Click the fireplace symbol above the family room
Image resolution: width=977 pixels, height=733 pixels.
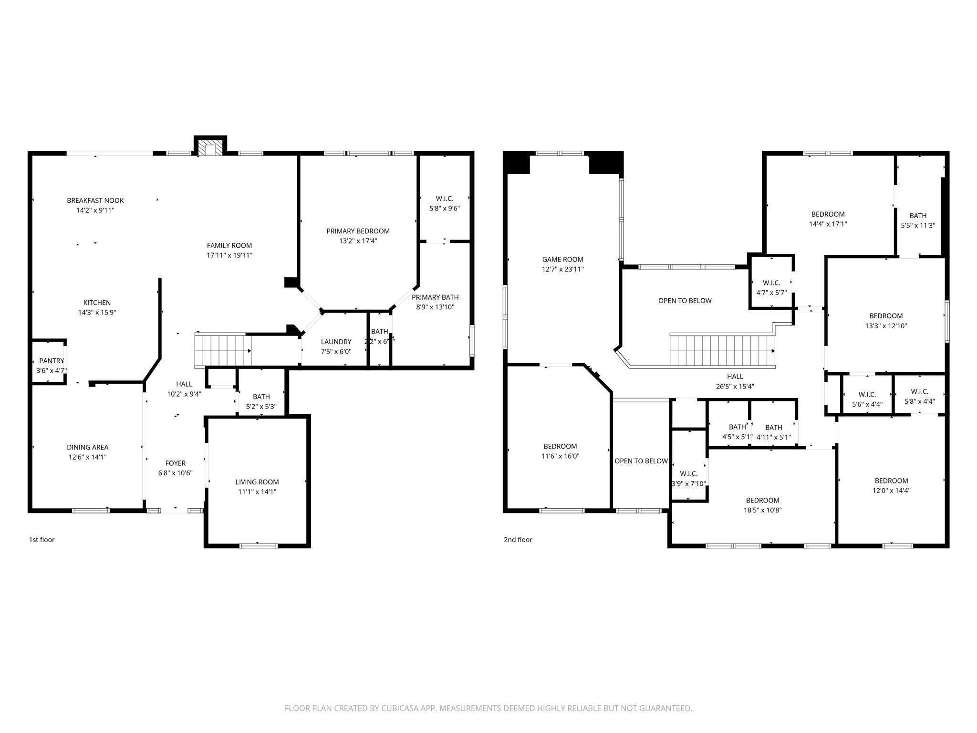tap(210, 148)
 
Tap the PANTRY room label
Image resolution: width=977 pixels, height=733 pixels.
tap(52, 361)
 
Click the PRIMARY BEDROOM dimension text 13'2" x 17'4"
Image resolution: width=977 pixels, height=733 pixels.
tap(358, 241)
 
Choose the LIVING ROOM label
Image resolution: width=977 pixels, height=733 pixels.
tap(257, 482)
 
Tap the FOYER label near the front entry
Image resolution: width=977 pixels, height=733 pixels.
tap(176, 463)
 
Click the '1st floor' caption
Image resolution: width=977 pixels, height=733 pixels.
tap(42, 540)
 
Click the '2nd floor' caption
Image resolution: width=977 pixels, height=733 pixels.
tap(518, 540)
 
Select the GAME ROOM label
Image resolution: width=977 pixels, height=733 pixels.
tap(562, 260)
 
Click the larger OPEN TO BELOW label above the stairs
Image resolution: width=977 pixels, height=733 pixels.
tap(685, 301)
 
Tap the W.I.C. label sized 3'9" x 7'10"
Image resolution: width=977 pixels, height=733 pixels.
tap(688, 479)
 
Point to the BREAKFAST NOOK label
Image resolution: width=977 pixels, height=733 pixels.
tap(95, 200)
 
